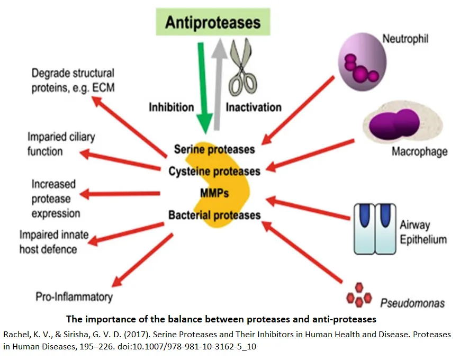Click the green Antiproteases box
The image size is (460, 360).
213,23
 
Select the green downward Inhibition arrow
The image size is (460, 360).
202,87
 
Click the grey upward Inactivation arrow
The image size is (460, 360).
217,85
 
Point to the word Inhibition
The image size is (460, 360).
171,107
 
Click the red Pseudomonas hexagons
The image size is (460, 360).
359,297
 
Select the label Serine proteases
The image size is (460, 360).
214,149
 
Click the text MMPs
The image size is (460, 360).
214,193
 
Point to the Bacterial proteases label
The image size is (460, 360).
214,215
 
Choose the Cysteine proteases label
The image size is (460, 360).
214,172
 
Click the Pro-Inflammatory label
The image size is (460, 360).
74,296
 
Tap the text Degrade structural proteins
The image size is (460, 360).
73,80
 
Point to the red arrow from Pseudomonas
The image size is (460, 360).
304,251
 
